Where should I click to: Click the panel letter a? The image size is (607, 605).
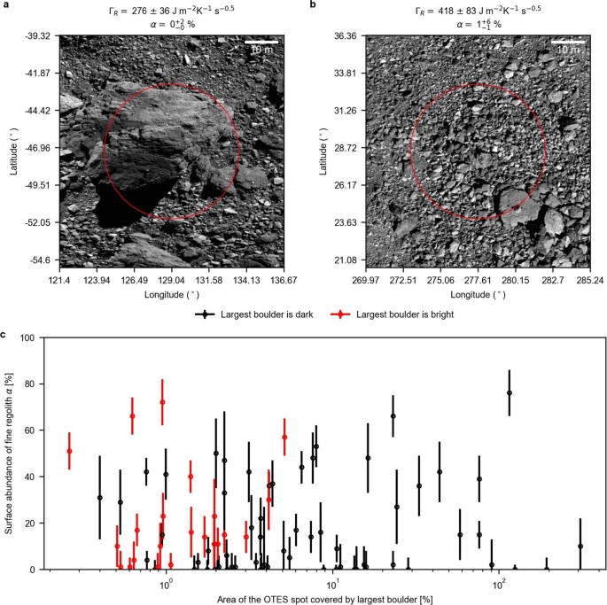[5, 5]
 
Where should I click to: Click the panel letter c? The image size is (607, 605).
[5, 334]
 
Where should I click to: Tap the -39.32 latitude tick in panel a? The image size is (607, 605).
[35, 36]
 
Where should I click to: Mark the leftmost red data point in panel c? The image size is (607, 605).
[70, 451]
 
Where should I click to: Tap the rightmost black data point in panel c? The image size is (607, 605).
[580, 547]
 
